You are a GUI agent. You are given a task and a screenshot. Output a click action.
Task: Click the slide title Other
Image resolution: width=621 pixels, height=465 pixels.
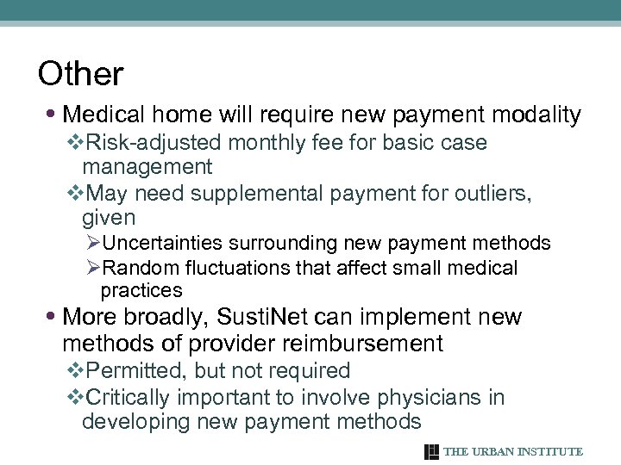tap(81, 74)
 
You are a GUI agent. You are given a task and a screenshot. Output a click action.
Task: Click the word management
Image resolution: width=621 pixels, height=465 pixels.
tap(147, 165)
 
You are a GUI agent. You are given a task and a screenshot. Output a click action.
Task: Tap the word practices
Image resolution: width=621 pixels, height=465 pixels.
tap(141, 290)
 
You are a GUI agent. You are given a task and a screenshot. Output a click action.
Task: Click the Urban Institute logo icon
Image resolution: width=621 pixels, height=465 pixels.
tap(432, 451)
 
